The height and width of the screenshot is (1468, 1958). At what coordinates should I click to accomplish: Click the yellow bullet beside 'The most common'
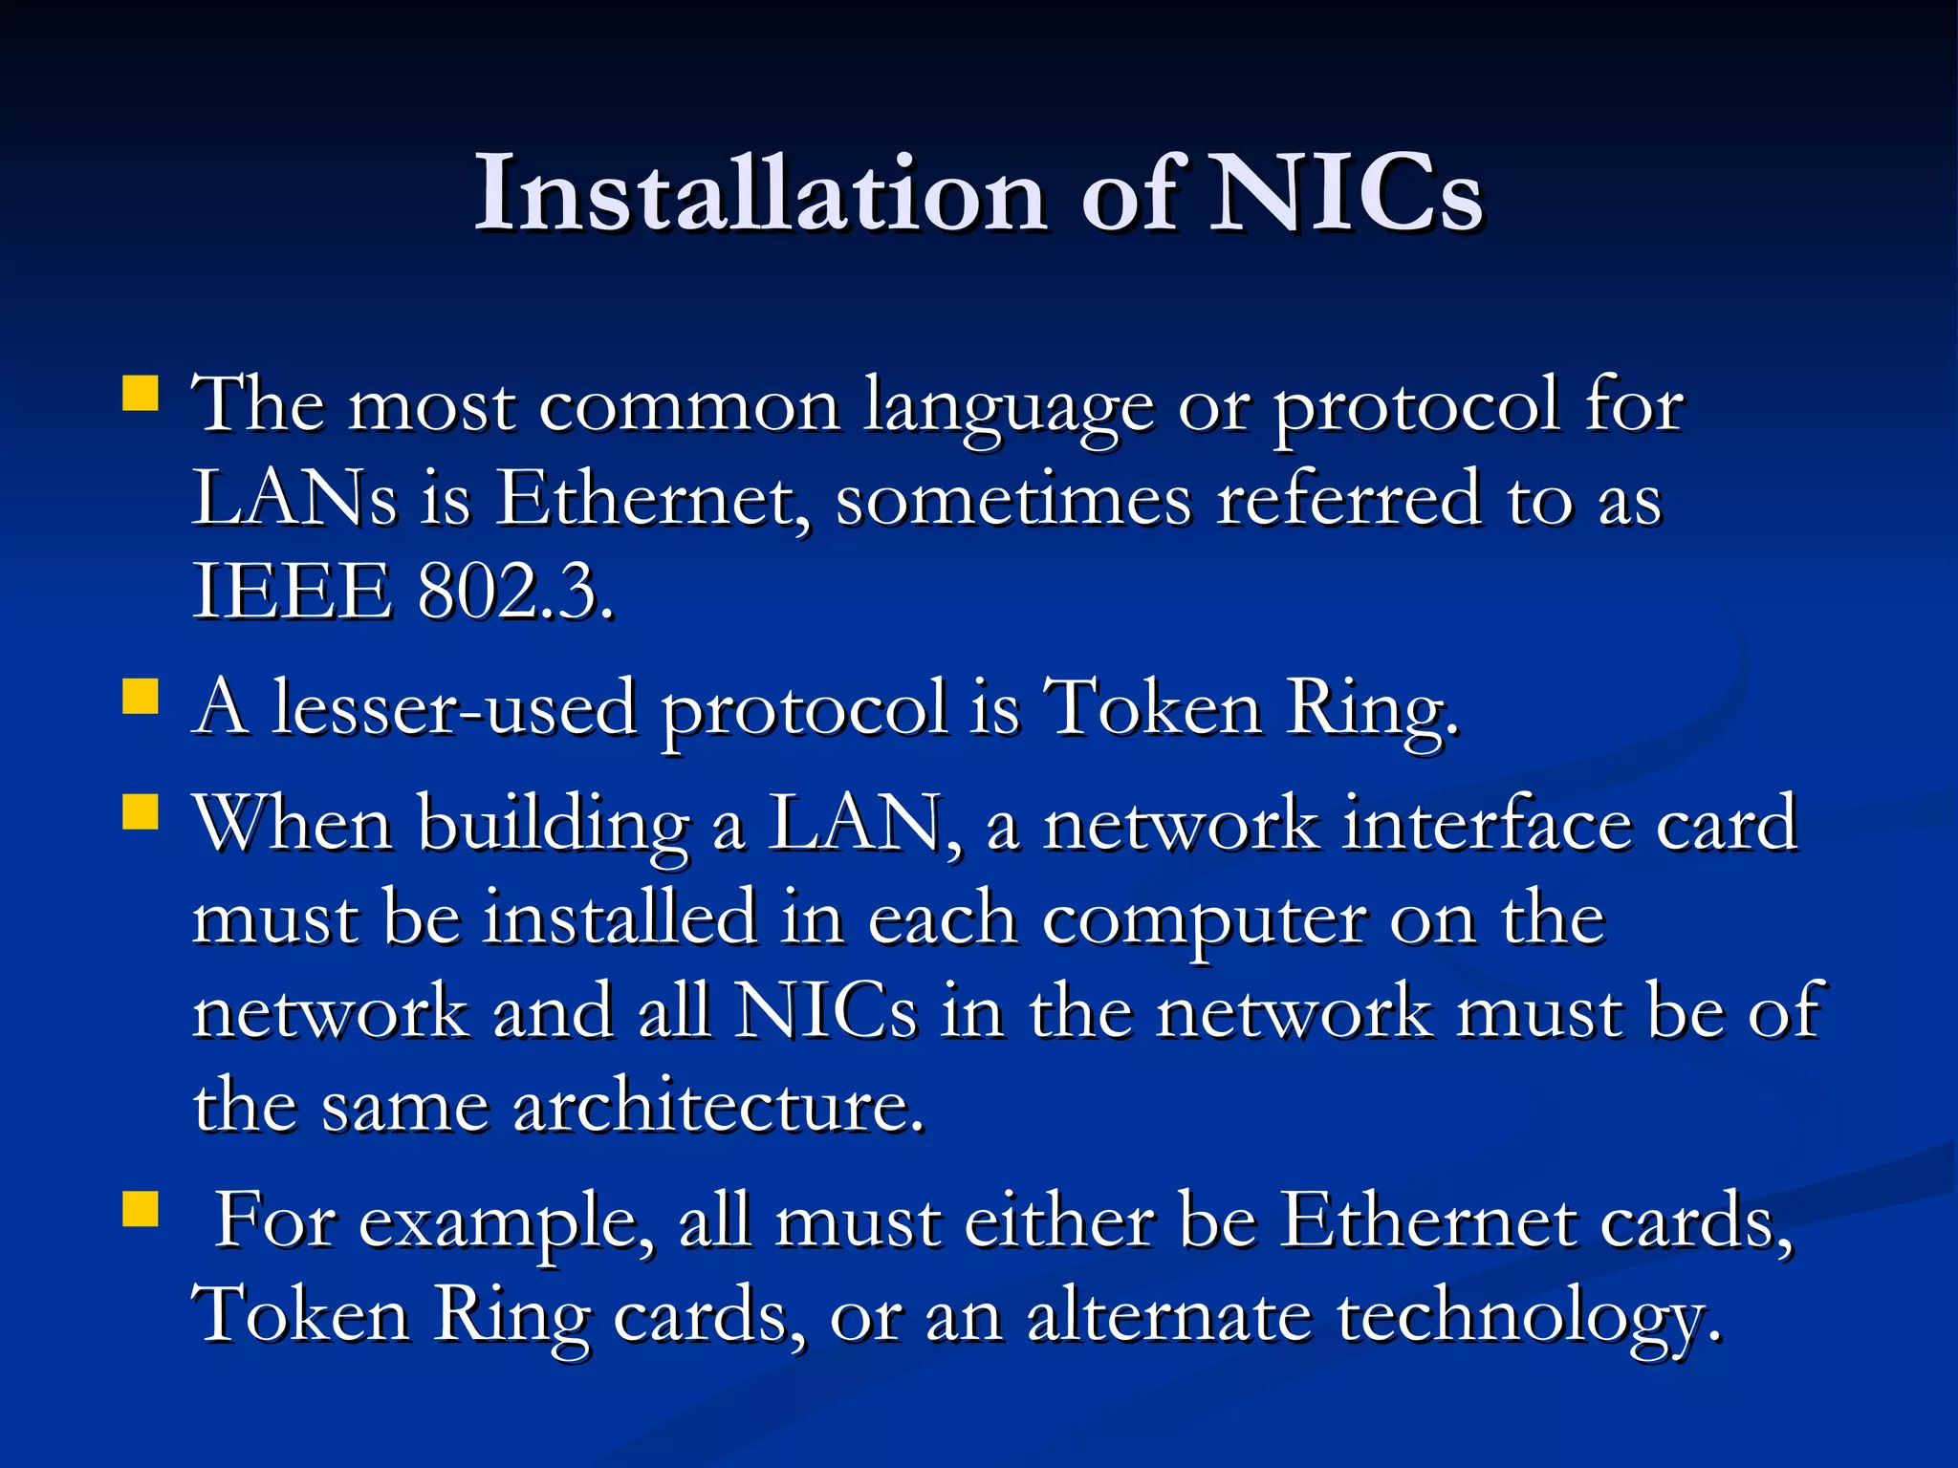point(141,393)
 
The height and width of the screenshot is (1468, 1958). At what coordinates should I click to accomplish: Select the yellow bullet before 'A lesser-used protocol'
point(141,697)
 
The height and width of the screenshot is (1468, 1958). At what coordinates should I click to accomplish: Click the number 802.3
point(515,592)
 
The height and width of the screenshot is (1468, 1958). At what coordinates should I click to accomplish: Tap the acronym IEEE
point(293,592)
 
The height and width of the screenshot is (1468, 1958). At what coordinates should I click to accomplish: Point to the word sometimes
point(1013,498)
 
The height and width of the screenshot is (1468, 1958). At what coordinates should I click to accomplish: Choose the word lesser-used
point(455,708)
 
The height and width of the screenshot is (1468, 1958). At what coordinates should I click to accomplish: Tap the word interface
point(1487,824)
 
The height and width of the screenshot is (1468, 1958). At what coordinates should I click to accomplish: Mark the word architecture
point(719,1106)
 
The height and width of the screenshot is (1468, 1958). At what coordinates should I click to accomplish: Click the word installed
point(620,917)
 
